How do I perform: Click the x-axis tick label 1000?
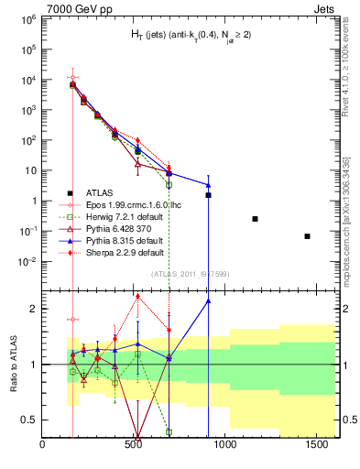tap(224, 445)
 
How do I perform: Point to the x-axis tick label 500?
tap(134, 445)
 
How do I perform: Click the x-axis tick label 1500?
tap(314, 445)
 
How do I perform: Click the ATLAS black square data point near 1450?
tap(307, 236)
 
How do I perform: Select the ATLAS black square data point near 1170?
tap(255, 219)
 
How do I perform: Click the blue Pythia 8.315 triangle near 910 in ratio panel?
tap(208, 300)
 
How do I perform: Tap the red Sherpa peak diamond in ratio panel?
tap(137, 296)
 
